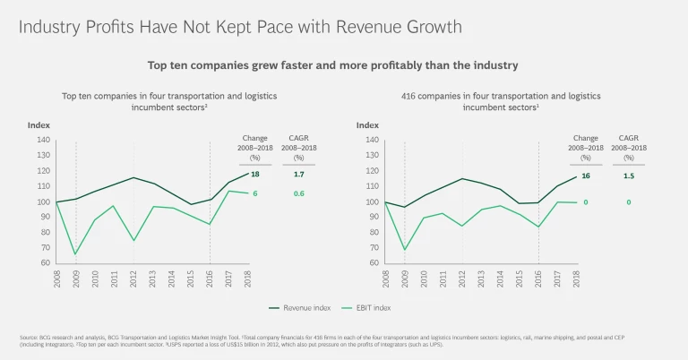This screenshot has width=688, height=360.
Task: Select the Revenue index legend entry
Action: tap(301, 309)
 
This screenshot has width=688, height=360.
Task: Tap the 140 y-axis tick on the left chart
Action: tap(42, 140)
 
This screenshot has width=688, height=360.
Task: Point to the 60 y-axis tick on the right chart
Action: tap(372, 263)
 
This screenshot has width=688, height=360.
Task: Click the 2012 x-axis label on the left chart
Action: tap(133, 278)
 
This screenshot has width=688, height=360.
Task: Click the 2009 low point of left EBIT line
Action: tap(74, 254)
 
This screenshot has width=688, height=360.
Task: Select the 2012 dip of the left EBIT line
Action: tap(133, 240)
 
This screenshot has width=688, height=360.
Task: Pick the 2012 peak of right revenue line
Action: tap(462, 178)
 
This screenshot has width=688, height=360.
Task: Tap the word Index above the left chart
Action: tap(39, 125)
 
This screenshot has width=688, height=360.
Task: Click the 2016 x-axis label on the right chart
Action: tap(538, 278)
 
